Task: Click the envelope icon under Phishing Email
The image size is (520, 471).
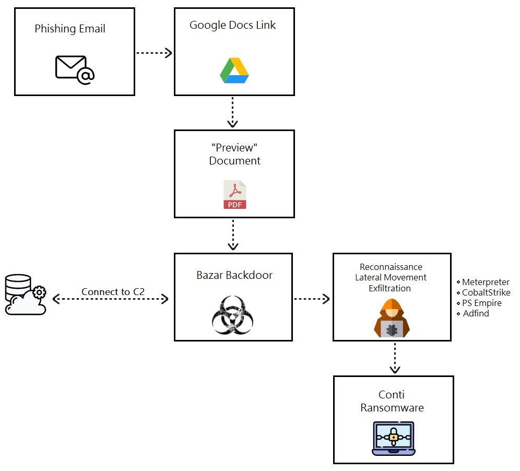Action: [75, 69]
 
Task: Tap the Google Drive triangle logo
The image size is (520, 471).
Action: [234, 70]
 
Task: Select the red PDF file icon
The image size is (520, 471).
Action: [235, 195]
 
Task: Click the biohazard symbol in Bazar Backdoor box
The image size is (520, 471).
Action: [233, 315]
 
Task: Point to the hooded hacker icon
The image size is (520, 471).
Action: [392, 318]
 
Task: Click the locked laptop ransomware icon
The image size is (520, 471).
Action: [394, 438]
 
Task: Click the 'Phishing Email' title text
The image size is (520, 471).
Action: [70, 29]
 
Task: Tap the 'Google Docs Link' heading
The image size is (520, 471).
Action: [233, 25]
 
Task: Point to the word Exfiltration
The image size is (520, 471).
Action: [389, 288]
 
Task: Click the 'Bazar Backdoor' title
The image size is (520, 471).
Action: [234, 275]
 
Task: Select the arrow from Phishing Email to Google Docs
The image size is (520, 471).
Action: [154, 53]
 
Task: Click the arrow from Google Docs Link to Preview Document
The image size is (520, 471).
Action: [233, 112]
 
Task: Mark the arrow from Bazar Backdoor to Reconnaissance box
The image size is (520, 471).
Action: [312, 299]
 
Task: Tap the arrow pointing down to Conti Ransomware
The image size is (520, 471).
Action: [395, 358]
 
